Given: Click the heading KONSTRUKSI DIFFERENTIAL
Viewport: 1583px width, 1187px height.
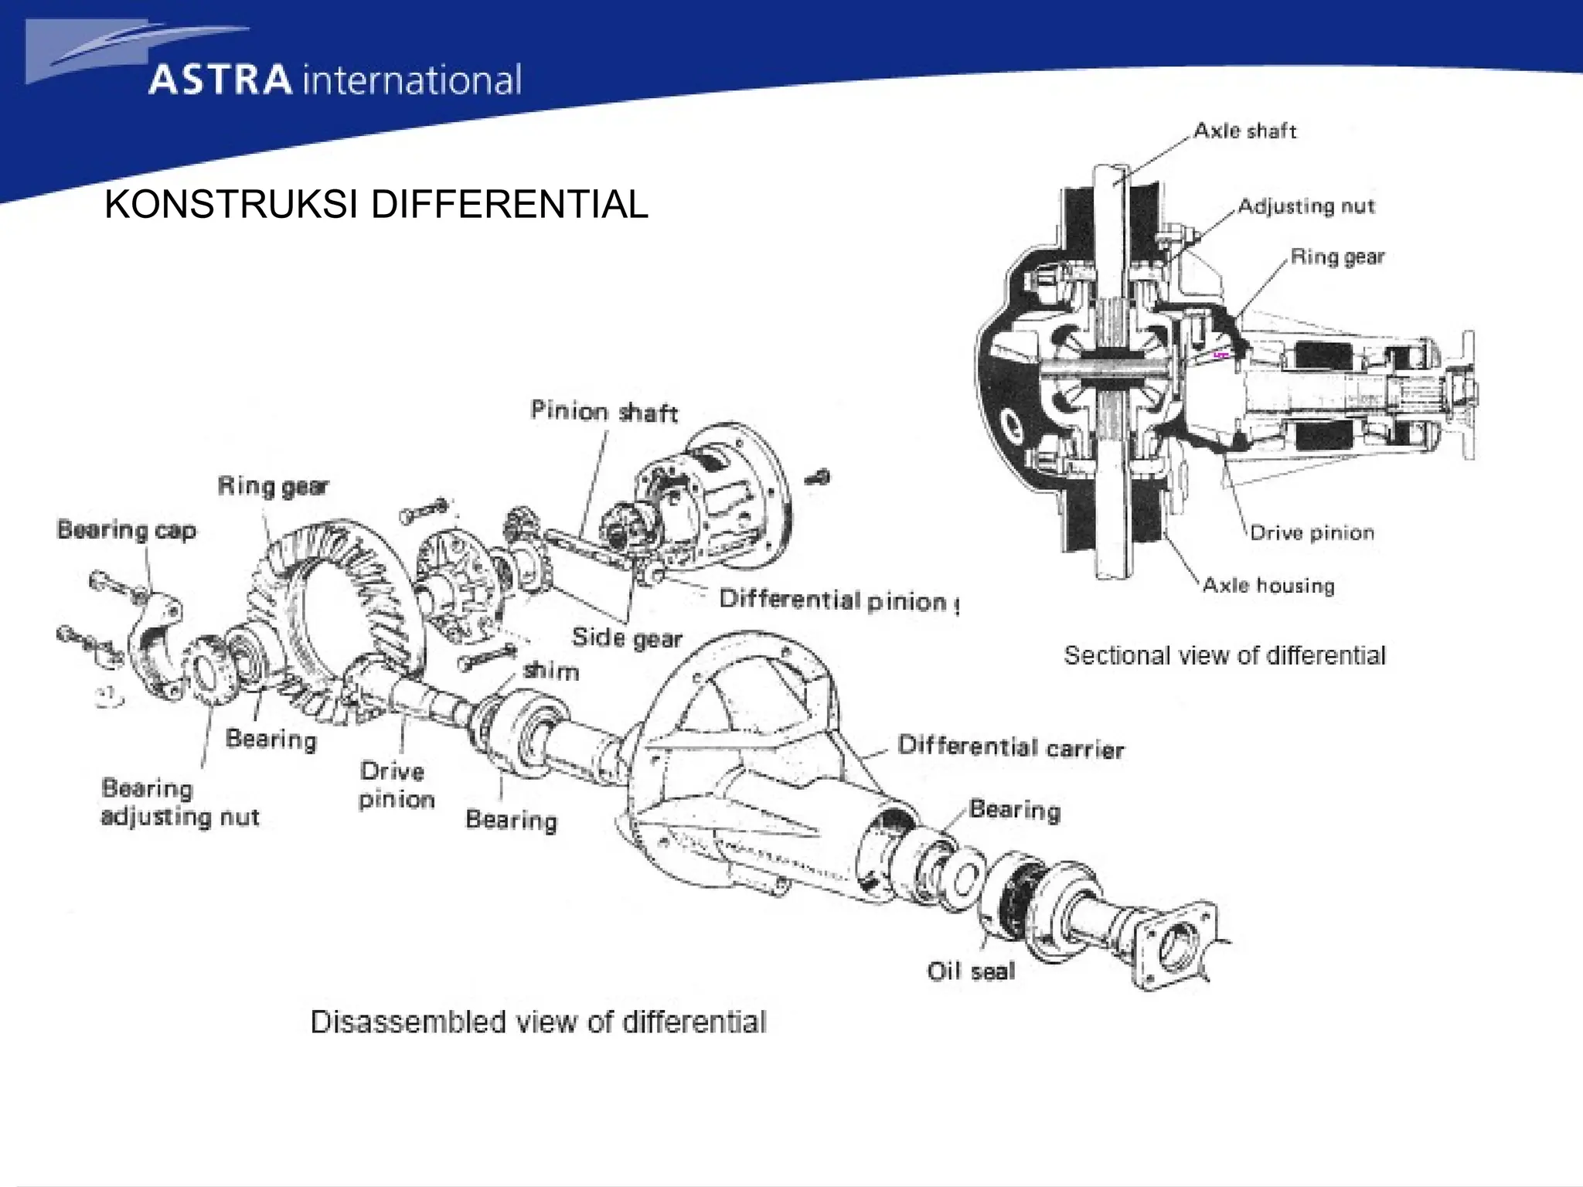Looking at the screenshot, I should point(376,205).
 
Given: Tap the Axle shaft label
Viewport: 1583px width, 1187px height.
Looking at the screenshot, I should point(1244,131).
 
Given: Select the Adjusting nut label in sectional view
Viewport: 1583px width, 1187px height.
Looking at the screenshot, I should point(1306,206).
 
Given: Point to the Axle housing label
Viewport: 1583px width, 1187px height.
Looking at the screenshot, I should point(1268,585).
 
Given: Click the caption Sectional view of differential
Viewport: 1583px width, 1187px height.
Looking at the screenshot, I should point(1224,655).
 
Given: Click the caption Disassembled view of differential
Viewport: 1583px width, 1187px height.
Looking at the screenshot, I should point(538,1022).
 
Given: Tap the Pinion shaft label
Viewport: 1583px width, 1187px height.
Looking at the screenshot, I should point(604,411).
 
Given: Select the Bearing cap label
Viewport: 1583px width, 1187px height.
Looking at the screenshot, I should point(127,530).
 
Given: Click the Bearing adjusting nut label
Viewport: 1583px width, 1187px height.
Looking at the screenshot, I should point(179,803).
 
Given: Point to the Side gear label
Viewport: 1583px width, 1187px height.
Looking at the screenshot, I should point(626,638).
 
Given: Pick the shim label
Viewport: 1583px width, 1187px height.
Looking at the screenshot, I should point(550,670).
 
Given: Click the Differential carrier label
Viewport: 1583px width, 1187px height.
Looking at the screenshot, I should point(1010,747).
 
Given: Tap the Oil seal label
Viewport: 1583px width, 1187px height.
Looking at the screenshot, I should point(971,971).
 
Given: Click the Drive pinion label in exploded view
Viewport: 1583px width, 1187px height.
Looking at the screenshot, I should point(397,785).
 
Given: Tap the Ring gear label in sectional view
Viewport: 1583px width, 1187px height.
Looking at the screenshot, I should point(1337,257).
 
